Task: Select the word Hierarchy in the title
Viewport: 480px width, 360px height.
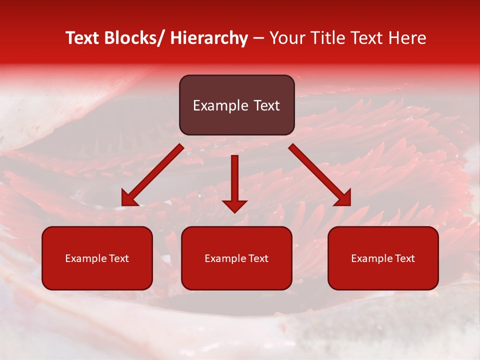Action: click(209, 38)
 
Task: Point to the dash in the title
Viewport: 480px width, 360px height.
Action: click(258, 39)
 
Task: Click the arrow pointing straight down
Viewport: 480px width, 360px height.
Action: click(234, 180)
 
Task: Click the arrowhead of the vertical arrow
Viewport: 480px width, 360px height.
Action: click(234, 205)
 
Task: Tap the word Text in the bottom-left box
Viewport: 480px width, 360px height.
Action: click(118, 258)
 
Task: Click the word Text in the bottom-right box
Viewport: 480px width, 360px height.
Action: click(404, 258)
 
